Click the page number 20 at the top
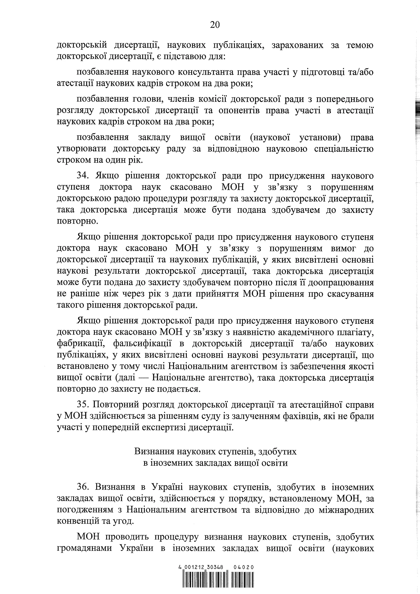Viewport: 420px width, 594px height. [215, 25]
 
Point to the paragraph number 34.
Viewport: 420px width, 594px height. [83, 176]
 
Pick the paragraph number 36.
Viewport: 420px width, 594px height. [83, 487]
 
